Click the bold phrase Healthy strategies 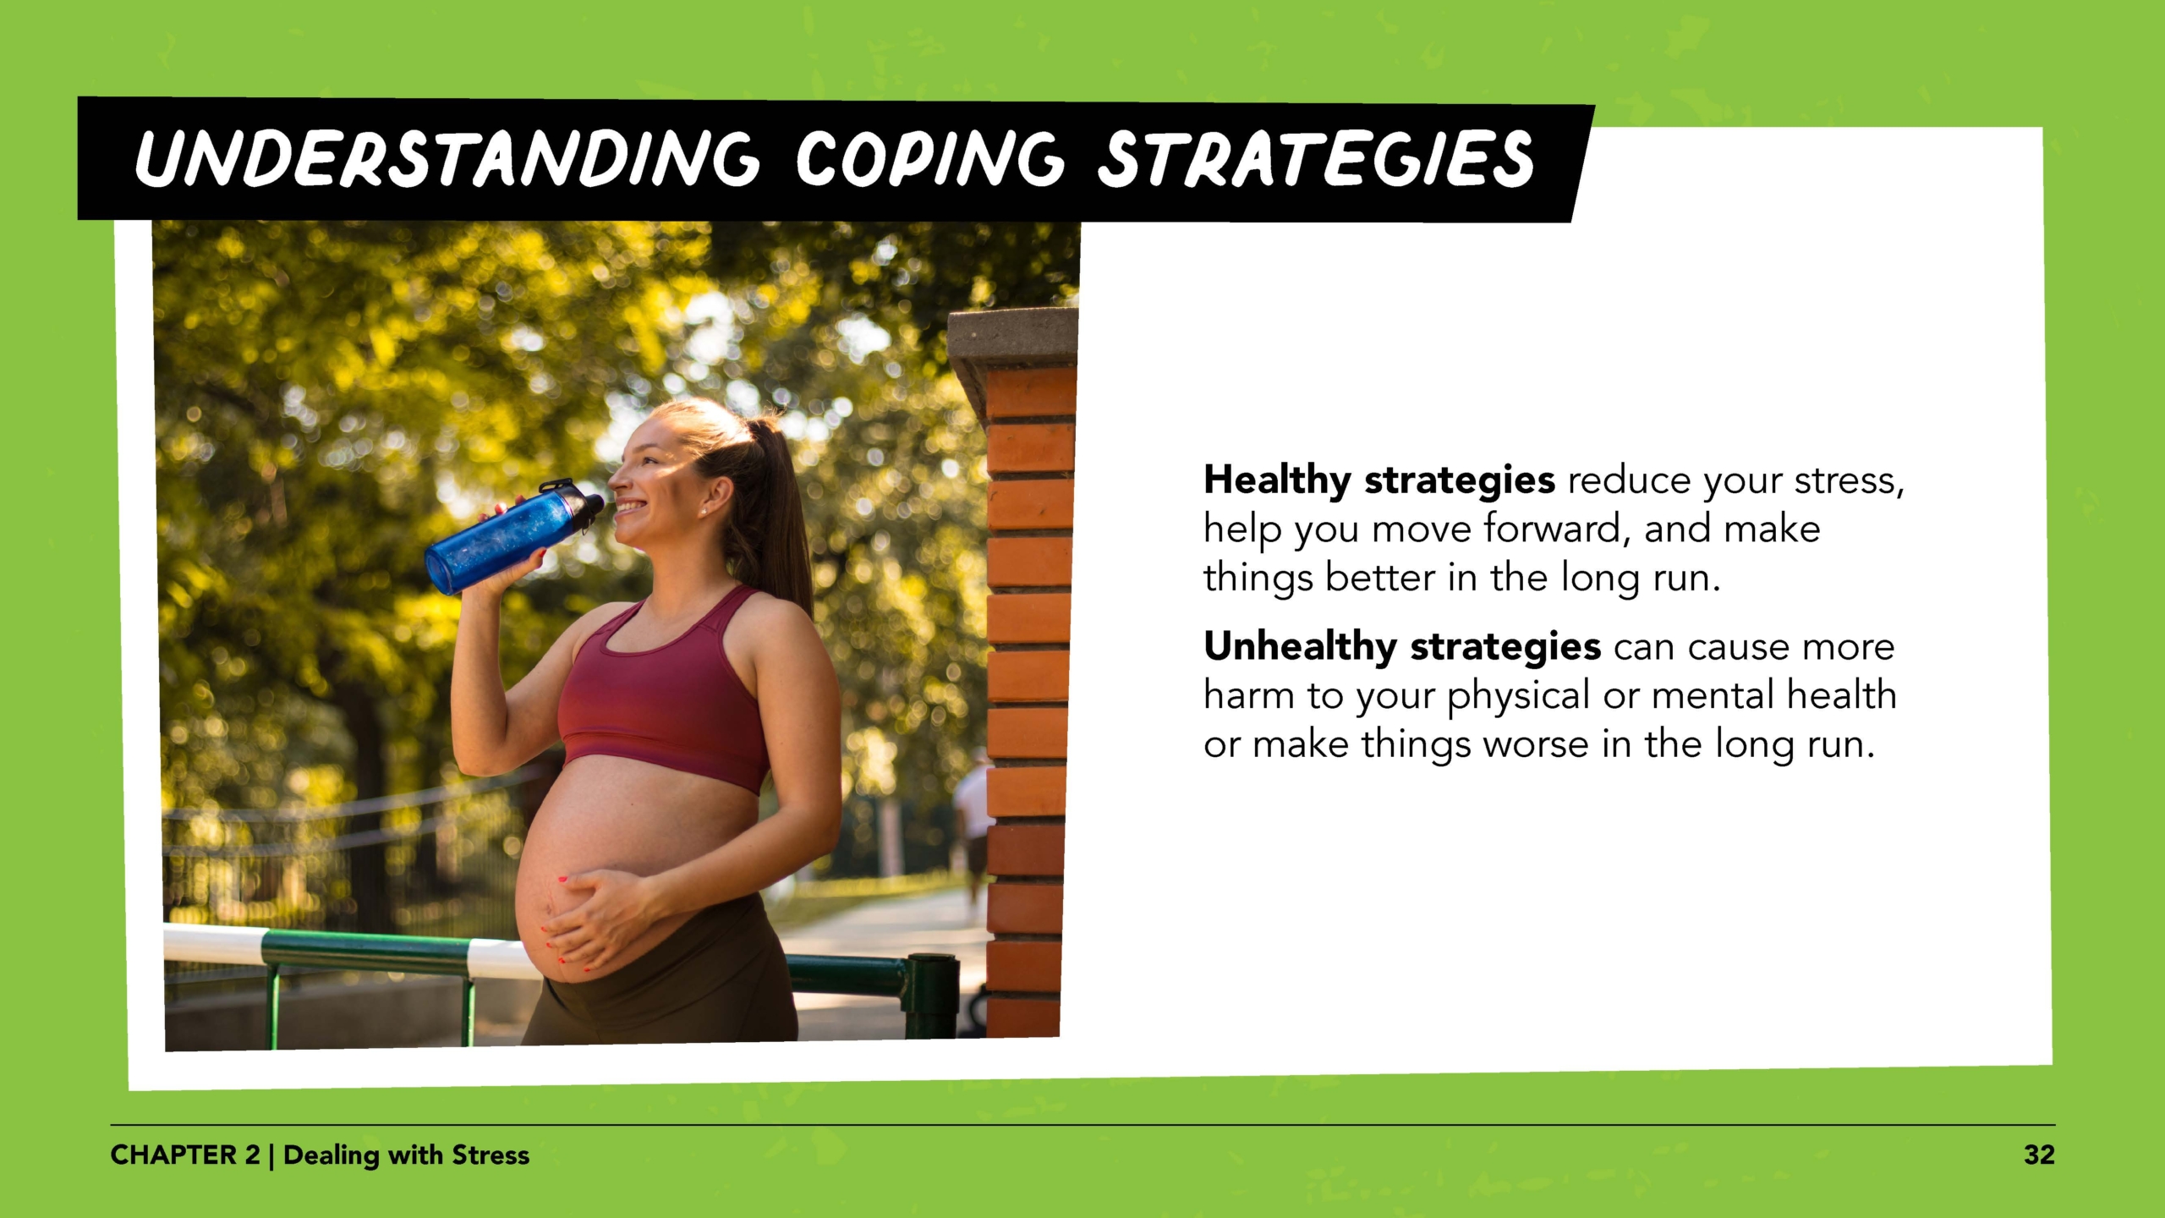pos(1378,480)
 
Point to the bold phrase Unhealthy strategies pos(1401,646)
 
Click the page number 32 pos(2039,1155)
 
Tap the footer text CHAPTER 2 pos(185,1155)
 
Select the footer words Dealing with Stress pos(406,1155)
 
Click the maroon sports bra pos(660,694)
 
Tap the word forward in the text pos(1551,529)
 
